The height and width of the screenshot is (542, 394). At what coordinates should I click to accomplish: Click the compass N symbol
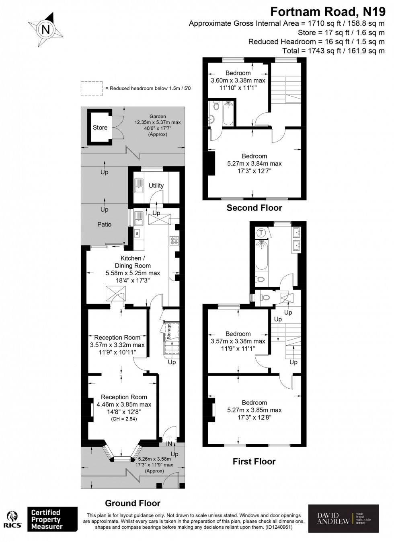pos(46,29)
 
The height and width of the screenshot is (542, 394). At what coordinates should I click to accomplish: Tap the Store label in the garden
pos(100,128)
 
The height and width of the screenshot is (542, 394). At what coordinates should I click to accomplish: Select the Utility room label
pos(156,185)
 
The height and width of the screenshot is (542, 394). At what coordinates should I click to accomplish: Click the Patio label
pos(104,224)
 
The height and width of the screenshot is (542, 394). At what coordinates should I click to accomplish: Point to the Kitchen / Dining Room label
pos(133,262)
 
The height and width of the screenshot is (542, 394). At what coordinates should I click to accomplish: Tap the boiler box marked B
pos(137,233)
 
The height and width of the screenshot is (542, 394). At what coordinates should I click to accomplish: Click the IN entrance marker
pos(169,444)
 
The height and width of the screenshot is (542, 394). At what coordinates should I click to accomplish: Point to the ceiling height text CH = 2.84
pos(124,419)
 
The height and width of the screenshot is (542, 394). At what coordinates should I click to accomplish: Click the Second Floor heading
pos(254,208)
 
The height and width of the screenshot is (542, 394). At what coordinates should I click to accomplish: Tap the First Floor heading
pos(254,462)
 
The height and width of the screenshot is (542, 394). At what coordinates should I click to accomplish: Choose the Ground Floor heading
pos(133,503)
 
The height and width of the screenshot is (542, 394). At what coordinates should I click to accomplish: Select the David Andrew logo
pos(343,518)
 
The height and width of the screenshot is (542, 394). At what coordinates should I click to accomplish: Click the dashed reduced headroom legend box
pos(92,88)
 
